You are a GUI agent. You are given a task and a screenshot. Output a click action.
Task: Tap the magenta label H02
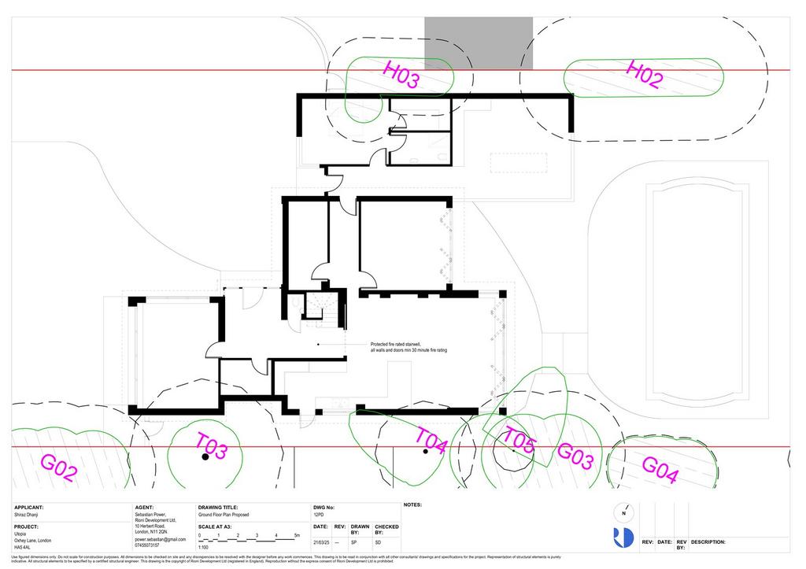point(643,74)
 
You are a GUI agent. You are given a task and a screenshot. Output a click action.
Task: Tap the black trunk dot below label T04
point(425,452)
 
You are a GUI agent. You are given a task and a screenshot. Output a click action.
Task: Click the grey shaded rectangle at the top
point(478,43)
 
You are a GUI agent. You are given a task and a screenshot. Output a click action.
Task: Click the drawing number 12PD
point(319,515)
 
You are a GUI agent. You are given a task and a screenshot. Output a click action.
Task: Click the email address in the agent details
point(161,539)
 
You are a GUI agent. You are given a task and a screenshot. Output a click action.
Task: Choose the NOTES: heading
point(413,504)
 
